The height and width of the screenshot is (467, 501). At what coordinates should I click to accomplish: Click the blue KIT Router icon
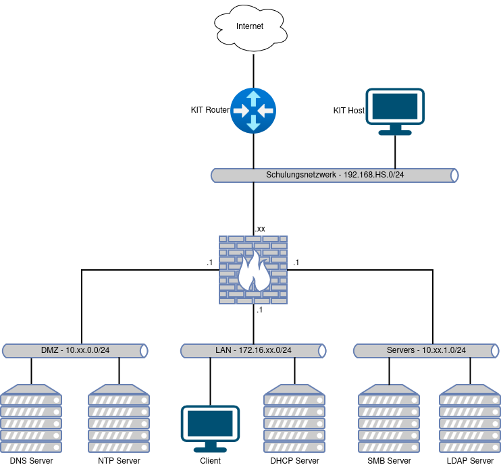tap(253, 110)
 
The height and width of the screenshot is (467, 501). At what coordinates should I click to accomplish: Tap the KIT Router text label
tap(210, 110)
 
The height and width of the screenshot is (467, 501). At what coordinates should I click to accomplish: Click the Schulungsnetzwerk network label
tap(334, 175)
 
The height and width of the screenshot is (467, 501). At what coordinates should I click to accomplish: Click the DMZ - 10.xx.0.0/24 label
tap(75, 350)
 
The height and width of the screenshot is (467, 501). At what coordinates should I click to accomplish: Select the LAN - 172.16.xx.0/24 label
tap(253, 350)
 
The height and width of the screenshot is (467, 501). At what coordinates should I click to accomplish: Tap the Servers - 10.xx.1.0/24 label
tap(426, 350)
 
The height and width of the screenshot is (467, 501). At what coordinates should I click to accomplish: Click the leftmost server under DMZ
tap(31, 418)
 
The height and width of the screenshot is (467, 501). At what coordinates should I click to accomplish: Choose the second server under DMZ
tap(119, 418)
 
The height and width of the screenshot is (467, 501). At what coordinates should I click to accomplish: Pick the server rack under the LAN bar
tap(294, 418)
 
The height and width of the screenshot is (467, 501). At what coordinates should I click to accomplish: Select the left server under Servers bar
tap(389, 418)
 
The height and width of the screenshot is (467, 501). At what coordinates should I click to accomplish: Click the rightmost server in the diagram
tap(470, 418)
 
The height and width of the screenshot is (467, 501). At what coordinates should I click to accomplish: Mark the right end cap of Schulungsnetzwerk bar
tap(454, 175)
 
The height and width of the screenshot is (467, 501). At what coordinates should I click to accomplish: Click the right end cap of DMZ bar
tap(143, 351)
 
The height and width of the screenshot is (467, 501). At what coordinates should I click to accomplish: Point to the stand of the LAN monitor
tap(210, 447)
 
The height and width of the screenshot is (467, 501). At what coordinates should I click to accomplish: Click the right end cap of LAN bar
tap(322, 351)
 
